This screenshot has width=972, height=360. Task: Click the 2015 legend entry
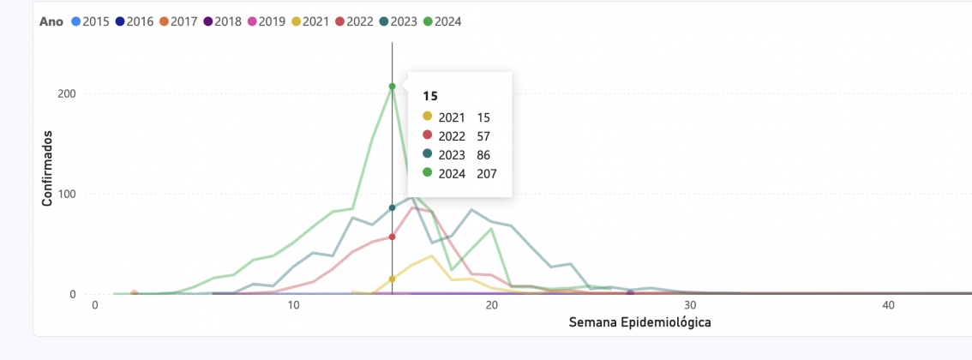[90, 21]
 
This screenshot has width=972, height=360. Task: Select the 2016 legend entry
[133, 21]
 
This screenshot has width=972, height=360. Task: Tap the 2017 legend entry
[177, 21]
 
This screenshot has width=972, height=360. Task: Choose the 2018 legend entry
[221, 21]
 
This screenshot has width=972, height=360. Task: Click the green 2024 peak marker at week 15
[392, 87]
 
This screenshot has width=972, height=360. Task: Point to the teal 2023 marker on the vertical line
[392, 207]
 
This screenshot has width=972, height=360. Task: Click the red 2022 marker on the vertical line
[392, 237]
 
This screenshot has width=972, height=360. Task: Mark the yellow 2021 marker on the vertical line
[392, 279]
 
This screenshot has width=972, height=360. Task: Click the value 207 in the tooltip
[487, 174]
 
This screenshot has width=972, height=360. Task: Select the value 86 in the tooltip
[484, 155]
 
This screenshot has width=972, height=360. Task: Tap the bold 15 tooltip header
[430, 96]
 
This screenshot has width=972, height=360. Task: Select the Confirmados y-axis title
[49, 168]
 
